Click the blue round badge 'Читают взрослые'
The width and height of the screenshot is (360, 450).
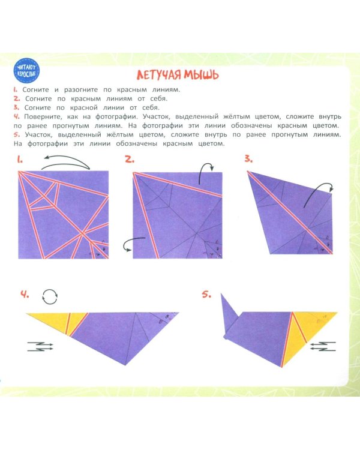(26, 71)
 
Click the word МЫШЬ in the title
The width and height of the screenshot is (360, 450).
(202, 75)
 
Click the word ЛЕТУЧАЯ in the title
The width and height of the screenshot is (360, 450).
(159, 75)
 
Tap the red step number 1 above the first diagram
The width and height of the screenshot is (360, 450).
(20, 160)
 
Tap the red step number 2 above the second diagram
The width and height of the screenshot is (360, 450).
(130, 159)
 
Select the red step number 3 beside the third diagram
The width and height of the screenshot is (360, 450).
(248, 158)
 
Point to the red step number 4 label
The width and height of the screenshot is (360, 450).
(25, 294)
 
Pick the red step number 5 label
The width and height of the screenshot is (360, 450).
(206, 294)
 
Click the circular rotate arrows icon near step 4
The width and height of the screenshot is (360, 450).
(50, 296)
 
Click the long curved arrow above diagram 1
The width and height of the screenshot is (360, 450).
(66, 157)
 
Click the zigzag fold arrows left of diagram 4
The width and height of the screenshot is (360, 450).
(40, 346)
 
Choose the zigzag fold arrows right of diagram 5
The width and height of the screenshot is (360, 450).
(323, 346)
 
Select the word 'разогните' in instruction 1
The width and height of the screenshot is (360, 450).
(81, 90)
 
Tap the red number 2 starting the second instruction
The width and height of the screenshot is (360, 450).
(17, 98)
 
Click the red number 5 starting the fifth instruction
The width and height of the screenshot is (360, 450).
(17, 134)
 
